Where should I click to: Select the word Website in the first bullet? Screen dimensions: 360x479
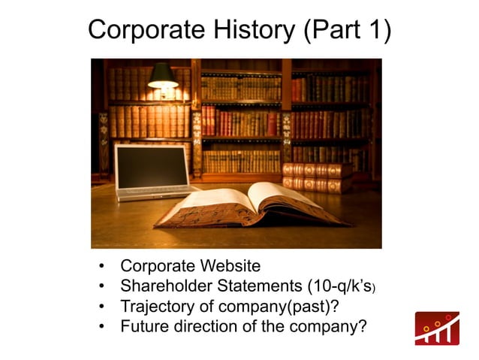click(x=228, y=266)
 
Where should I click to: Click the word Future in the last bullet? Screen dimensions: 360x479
click(x=143, y=327)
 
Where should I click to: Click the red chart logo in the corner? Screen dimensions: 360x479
click(x=438, y=328)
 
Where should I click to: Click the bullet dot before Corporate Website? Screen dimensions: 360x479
click(x=101, y=267)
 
